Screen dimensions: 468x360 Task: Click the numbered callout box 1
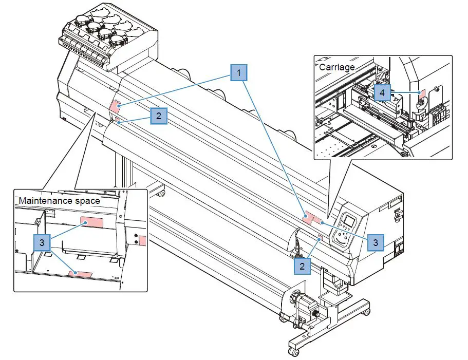(238, 73)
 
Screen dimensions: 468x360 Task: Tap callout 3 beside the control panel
(376, 241)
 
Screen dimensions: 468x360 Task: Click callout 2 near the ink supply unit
(159, 116)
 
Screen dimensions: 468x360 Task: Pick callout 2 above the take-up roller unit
(302, 266)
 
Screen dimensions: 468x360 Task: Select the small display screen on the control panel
(349, 221)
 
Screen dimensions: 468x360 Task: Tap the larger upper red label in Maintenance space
(92, 221)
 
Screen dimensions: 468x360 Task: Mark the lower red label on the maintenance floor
(81, 273)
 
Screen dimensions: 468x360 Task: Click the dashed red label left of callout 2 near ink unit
(115, 107)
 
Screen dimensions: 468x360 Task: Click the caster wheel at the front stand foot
(293, 352)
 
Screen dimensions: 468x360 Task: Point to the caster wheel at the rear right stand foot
(366, 312)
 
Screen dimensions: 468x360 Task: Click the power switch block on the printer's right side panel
(399, 251)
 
